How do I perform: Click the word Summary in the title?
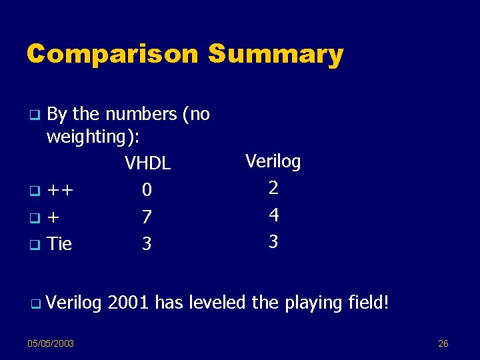point(276,55)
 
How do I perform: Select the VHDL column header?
point(147,163)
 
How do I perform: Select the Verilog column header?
point(273,161)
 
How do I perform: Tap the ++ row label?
point(61,191)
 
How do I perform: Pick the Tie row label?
point(59,244)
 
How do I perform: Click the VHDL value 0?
point(147,191)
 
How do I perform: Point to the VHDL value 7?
point(147,217)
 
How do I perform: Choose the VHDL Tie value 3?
point(147,244)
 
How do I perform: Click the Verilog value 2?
point(273,188)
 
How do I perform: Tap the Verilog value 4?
point(273,215)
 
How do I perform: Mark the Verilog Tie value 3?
point(273,241)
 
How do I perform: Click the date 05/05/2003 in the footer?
point(51,343)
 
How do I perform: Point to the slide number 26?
point(443,343)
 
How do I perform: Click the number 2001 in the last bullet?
point(128,303)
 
